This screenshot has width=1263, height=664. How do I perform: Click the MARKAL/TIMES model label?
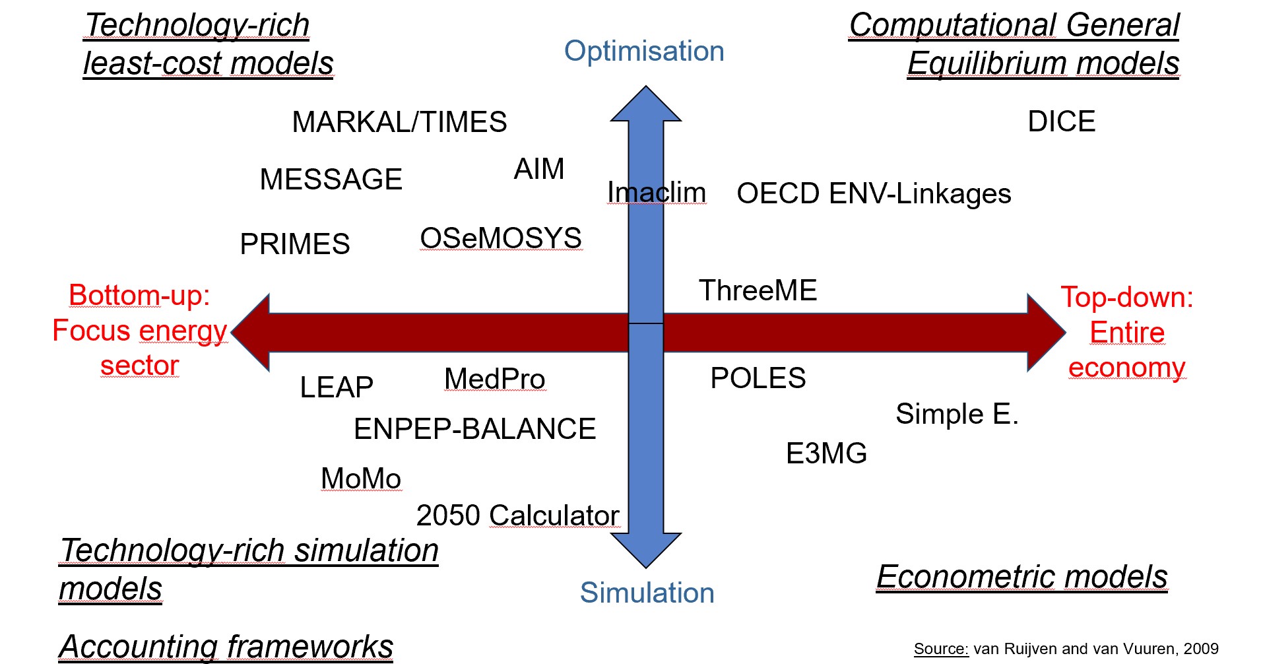pyautogui.click(x=399, y=122)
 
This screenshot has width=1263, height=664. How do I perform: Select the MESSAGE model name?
pyautogui.click(x=331, y=180)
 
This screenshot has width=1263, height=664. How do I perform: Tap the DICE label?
pyautogui.click(x=1062, y=121)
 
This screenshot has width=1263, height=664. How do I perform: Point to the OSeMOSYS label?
pyautogui.click(x=501, y=238)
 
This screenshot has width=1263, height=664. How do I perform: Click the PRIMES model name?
pyautogui.click(x=295, y=244)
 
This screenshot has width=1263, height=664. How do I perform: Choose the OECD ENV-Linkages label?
pyautogui.click(x=874, y=193)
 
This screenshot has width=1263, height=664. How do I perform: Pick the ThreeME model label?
pyautogui.click(x=758, y=290)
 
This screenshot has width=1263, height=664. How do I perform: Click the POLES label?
pyautogui.click(x=758, y=378)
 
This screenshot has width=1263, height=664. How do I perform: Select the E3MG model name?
pyautogui.click(x=827, y=453)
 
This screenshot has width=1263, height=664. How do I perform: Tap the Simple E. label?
pyautogui.click(x=957, y=414)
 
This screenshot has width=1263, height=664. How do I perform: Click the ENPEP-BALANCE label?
pyautogui.click(x=475, y=429)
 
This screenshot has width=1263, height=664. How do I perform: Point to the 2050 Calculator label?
pyautogui.click(x=518, y=515)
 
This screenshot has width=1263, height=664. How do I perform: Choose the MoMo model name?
pyautogui.click(x=361, y=479)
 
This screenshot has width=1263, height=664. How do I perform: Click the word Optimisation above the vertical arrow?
pyautogui.click(x=644, y=51)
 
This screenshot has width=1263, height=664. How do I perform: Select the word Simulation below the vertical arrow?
pyautogui.click(x=647, y=593)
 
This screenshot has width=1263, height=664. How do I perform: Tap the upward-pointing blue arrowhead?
pyautogui.click(x=646, y=104)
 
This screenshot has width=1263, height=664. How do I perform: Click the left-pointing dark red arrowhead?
pyautogui.click(x=251, y=333)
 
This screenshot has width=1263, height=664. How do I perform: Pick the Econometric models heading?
pyautogui.click(x=1022, y=576)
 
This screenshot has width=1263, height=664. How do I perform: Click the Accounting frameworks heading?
pyautogui.click(x=226, y=646)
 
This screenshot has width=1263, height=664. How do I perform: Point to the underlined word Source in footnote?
pyautogui.click(x=941, y=649)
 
